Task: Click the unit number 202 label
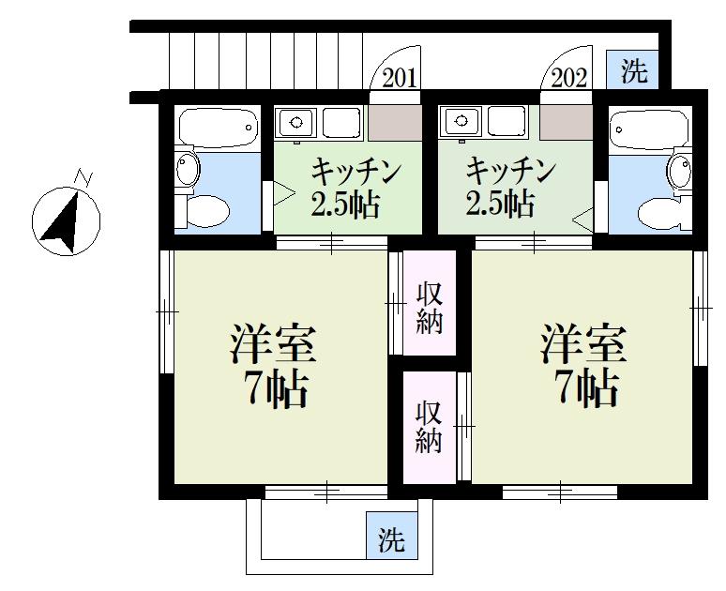point(569,78)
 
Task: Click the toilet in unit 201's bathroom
point(208,211)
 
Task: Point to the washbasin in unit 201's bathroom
point(188,170)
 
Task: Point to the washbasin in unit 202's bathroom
point(677,170)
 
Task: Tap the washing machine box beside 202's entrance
point(634,71)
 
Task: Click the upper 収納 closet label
point(429,305)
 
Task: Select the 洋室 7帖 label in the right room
point(582,367)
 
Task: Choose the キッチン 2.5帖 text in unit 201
point(345,188)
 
